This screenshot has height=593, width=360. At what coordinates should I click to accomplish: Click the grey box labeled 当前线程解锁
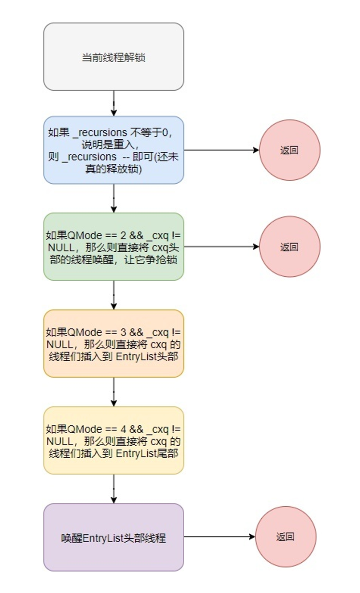point(113,57)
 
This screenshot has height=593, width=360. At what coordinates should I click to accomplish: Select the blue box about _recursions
point(113,150)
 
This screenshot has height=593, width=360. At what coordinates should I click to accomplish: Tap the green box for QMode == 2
point(113,247)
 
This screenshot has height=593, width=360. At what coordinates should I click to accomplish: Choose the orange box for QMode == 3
point(113,343)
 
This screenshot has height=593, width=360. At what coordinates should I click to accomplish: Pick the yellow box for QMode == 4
point(113,440)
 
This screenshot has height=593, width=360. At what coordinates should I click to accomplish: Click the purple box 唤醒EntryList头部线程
point(113,537)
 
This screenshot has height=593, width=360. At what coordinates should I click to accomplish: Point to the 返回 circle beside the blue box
point(289,150)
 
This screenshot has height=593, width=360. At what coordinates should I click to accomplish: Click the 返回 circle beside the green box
point(289,247)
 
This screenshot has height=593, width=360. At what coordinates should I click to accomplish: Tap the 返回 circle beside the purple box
point(285,537)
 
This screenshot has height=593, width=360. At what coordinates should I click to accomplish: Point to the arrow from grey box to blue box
point(113,103)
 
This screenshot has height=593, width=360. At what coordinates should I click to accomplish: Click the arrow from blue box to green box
point(113,198)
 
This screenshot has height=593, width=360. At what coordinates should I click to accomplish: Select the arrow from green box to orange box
point(113,295)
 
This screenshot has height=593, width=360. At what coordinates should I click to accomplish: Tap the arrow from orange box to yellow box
point(113,392)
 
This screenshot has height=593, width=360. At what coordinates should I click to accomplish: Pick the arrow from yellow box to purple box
point(113,488)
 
